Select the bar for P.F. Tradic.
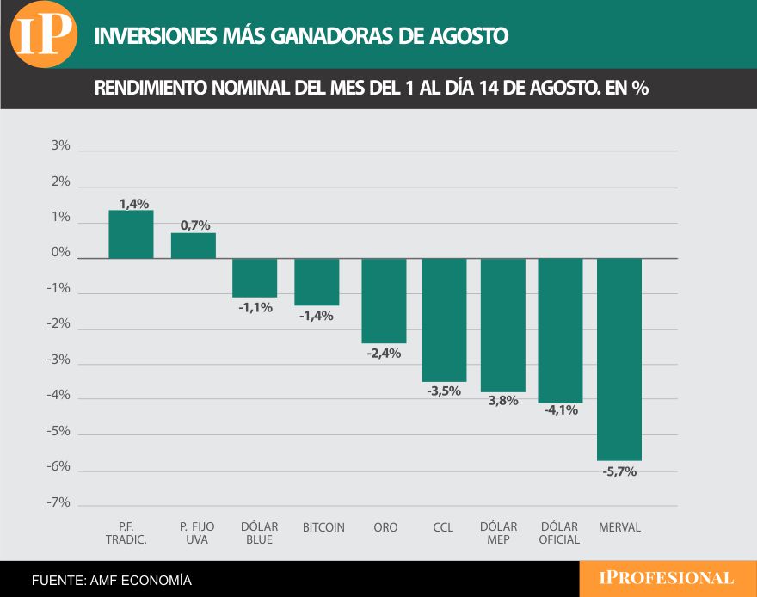click(x=131, y=234)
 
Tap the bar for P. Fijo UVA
click(x=194, y=246)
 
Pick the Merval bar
click(x=619, y=359)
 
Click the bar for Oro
click(x=384, y=300)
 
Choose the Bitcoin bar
click(x=317, y=282)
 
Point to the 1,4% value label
click(x=134, y=204)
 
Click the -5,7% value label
click(x=619, y=471)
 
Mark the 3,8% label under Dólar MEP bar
click(x=503, y=401)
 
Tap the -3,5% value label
click(x=444, y=391)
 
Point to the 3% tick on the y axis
click(x=60, y=146)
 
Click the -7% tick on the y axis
click(x=58, y=502)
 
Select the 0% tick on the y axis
click(x=60, y=253)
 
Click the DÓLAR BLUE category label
click(x=257, y=533)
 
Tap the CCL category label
click(x=443, y=527)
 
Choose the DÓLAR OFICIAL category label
click(x=560, y=533)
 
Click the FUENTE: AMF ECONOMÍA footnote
click(x=112, y=581)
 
